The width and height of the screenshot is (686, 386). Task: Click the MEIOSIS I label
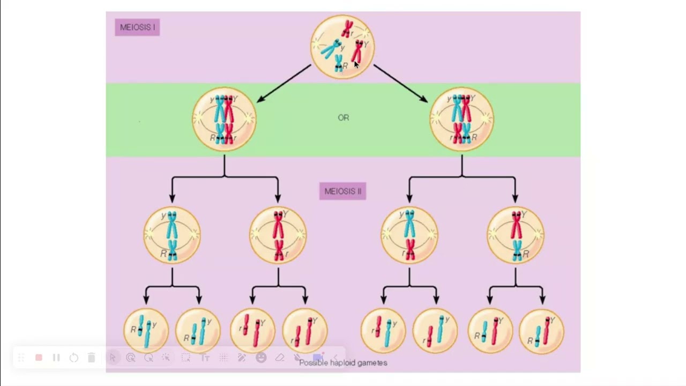click(137, 27)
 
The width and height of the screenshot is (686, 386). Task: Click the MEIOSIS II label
click(342, 191)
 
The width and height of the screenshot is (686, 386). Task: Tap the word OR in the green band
click(344, 117)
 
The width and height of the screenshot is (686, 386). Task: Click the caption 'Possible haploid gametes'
click(343, 363)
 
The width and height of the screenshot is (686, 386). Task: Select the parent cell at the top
click(342, 47)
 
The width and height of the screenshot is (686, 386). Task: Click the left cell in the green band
click(225, 119)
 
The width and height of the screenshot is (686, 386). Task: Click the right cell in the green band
click(461, 119)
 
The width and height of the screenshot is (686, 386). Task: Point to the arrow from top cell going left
click(284, 83)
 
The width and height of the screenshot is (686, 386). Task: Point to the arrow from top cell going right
click(400, 83)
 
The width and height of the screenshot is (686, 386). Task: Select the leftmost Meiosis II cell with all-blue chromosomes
click(172, 235)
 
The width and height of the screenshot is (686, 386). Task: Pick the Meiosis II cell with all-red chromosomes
click(278, 235)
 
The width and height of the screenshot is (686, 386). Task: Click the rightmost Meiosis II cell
click(516, 235)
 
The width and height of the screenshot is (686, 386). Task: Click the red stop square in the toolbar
click(39, 358)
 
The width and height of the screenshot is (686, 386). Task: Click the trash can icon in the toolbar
click(91, 358)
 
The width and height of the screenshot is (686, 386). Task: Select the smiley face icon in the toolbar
click(261, 358)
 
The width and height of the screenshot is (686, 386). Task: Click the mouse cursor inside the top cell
click(356, 64)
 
